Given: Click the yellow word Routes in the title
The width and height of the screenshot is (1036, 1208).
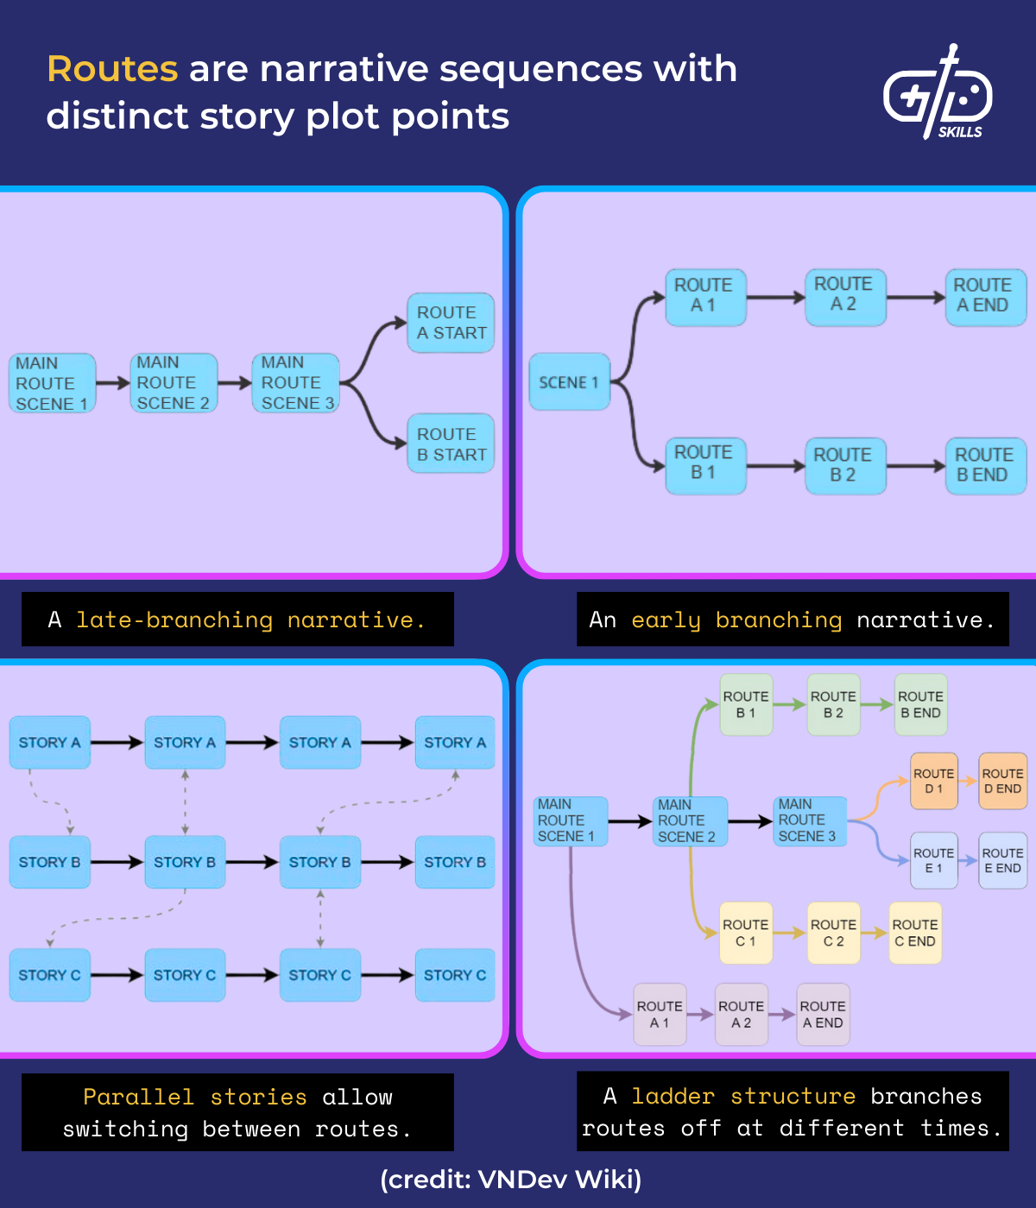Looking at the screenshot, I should [112, 69].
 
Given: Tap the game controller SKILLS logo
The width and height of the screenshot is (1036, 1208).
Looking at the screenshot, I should [938, 93].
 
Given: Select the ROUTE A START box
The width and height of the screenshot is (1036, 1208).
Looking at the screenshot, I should [451, 323].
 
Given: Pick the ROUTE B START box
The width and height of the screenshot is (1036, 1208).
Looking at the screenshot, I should [451, 444].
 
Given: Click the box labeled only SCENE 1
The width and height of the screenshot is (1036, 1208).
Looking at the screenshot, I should [569, 381].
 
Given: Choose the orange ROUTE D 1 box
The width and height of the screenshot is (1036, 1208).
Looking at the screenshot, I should [934, 781].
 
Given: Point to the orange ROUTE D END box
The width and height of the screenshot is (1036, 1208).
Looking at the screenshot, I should [1002, 781].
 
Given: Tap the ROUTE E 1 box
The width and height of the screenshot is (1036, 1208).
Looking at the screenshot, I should [934, 860].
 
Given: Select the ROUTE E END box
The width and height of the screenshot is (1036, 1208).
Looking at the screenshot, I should [1002, 860].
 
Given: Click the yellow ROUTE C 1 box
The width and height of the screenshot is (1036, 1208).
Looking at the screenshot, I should [745, 933].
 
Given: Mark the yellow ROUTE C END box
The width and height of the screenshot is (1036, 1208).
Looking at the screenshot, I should [915, 933].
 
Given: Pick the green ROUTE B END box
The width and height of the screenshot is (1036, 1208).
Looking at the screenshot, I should [920, 704].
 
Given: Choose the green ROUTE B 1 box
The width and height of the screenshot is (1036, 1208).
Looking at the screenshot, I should [746, 704].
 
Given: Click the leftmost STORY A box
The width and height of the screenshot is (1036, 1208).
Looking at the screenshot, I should [50, 742].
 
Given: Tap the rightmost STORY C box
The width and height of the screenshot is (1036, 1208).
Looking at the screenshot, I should [455, 975].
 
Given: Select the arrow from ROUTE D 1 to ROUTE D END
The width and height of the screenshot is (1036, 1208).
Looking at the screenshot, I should [969, 782].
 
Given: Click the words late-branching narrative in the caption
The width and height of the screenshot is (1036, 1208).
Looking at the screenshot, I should [250, 620].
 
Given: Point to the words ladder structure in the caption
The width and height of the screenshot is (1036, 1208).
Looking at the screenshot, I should [743, 1096].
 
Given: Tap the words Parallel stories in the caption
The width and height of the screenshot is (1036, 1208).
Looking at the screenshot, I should [195, 1097].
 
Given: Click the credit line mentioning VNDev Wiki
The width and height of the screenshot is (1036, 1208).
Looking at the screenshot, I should [511, 1179].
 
